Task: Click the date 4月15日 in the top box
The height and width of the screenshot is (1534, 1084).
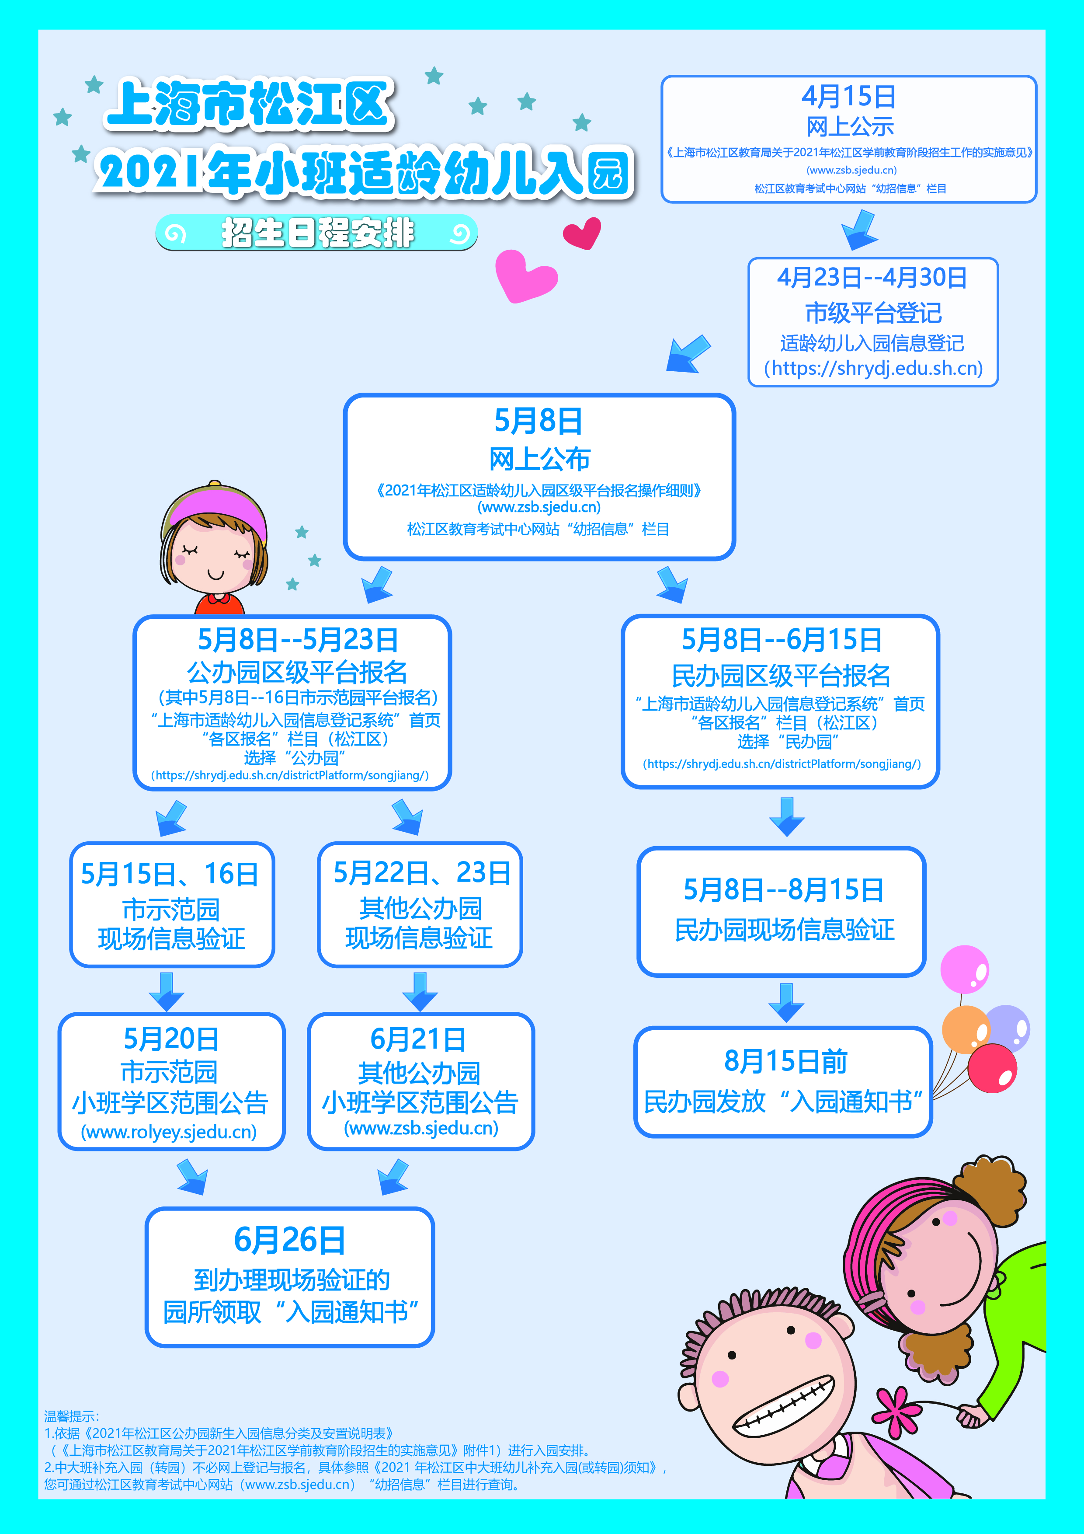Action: pyautogui.click(x=848, y=97)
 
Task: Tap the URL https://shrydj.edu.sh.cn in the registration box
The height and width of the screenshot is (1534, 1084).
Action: pyautogui.click(x=873, y=368)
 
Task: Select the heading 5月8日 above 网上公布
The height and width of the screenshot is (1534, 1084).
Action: pyautogui.click(x=539, y=421)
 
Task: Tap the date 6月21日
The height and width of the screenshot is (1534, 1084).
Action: pyautogui.click(x=418, y=1039)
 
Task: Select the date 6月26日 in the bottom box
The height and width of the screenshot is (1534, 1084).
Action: pyautogui.click(x=289, y=1240)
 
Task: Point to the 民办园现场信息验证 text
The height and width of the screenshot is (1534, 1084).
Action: pyautogui.click(x=784, y=930)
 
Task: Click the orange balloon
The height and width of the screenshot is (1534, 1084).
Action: pyautogui.click(x=964, y=1029)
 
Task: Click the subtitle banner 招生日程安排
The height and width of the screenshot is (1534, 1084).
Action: pyautogui.click(x=316, y=233)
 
